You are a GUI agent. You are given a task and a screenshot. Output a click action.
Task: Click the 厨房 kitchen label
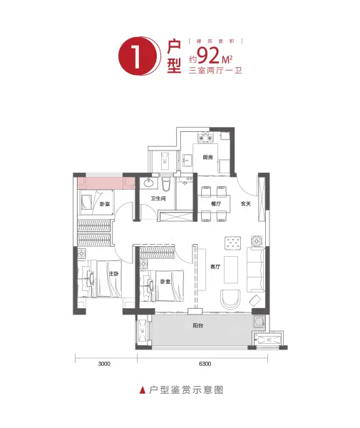point(207,157)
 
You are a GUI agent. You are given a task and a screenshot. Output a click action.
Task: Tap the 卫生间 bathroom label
point(158,199)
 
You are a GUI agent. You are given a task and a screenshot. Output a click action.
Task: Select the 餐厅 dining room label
point(215,204)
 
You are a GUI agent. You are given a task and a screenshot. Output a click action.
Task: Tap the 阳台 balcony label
point(197,325)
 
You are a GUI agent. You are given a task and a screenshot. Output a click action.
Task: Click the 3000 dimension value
point(105,364)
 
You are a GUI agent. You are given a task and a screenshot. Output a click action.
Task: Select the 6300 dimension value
point(205,364)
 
